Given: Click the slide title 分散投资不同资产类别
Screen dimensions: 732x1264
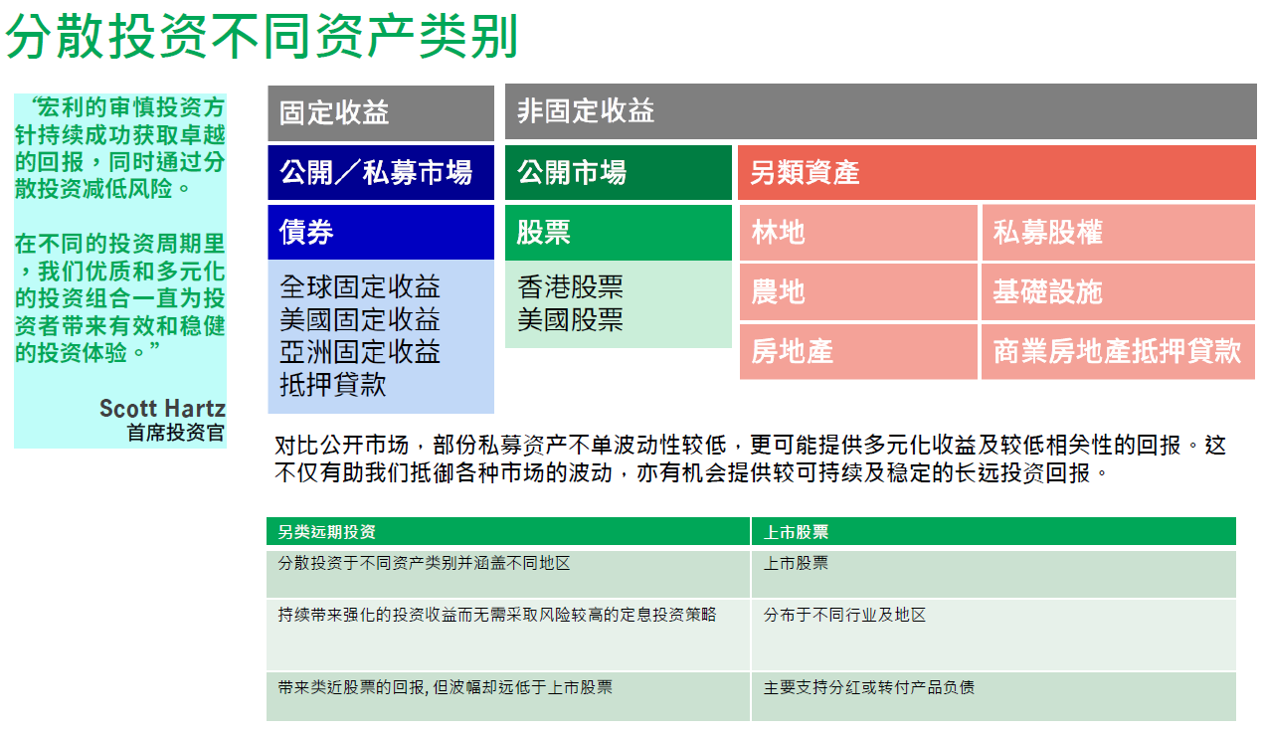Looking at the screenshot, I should (x=263, y=37).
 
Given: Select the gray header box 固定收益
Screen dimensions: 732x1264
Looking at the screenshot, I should (x=380, y=112).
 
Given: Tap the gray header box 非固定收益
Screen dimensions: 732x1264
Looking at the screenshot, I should (x=880, y=110).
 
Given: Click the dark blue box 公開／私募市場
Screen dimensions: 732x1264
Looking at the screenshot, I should (x=380, y=172).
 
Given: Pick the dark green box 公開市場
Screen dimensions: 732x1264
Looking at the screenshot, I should (x=618, y=172).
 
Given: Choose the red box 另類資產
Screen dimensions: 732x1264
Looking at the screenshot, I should (x=995, y=172).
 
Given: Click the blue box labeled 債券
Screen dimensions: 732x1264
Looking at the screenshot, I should (x=380, y=232).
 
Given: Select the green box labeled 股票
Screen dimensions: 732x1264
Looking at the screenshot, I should (x=618, y=232).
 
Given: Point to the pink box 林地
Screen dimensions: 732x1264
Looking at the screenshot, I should (x=858, y=233).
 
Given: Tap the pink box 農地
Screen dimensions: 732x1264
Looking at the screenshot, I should (x=858, y=292).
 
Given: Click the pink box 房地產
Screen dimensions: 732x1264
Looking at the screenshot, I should (x=858, y=351).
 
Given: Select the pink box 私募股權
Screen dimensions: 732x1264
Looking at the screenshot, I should (x=1118, y=233).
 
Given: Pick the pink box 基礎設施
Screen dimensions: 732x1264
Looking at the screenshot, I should (x=1118, y=292).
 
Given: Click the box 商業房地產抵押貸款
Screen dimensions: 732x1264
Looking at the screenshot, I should (x=1118, y=351).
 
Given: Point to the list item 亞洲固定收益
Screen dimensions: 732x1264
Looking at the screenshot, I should (x=360, y=352).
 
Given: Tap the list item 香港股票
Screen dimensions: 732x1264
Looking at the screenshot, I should (x=571, y=287).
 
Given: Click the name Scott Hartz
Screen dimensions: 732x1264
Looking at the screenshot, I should (x=162, y=408).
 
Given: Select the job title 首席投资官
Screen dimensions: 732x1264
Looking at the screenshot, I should (x=176, y=433).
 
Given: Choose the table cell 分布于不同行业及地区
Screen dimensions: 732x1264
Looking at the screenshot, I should (x=844, y=616).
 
